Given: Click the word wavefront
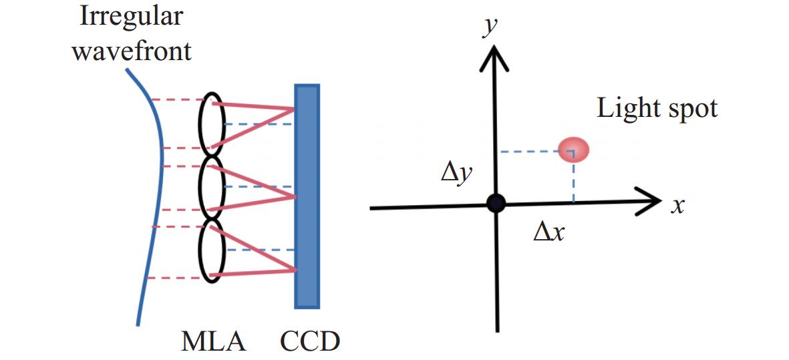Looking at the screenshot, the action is [132, 51].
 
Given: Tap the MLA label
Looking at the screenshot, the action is [214, 343].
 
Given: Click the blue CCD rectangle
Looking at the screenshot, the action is [307, 196].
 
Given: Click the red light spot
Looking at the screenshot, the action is [573, 150].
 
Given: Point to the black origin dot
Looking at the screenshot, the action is [496, 203].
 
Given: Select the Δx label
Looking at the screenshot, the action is [549, 232].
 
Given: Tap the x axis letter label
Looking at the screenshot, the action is [678, 206].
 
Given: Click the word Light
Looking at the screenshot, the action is [627, 109].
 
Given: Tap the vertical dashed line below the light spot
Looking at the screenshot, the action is [573, 182].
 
